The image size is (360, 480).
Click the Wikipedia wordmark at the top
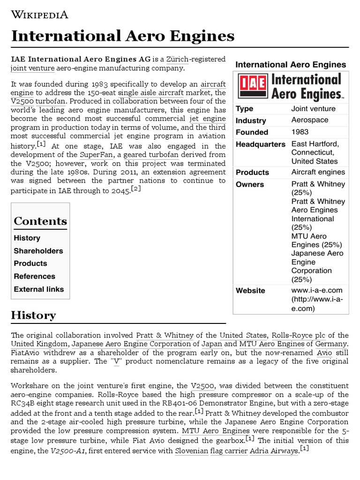click(40, 15)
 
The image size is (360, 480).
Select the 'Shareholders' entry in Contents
click(38, 251)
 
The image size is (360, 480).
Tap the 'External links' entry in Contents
click(38, 289)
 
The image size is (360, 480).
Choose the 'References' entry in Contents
click(34, 276)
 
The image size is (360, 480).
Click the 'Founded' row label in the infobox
click(252, 132)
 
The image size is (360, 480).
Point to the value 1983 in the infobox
click(300, 132)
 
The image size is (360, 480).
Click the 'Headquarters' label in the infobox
click(260, 144)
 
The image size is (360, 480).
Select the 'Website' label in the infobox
click(250, 291)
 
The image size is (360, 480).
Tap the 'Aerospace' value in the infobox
click(310, 120)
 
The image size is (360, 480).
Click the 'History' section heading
click(33, 315)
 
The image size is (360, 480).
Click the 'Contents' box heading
click(40, 221)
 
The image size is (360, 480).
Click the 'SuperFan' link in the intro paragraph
click(93, 155)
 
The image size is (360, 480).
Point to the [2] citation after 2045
click(136, 188)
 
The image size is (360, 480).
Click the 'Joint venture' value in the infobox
click(313, 109)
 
